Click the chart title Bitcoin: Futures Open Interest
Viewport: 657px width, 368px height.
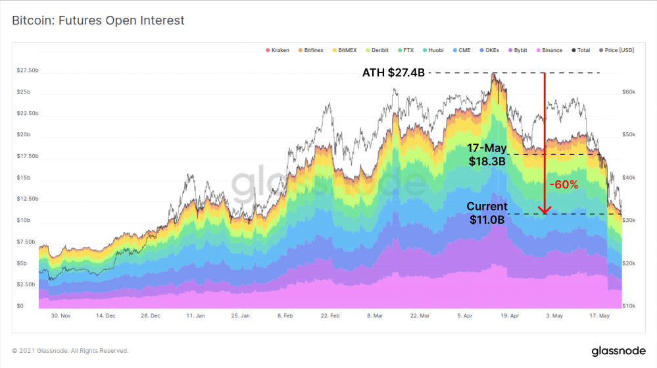pos(98,20)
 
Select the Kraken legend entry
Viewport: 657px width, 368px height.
pos(277,50)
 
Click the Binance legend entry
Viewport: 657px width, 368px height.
pos(549,50)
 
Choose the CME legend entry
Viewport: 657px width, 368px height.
pos(464,50)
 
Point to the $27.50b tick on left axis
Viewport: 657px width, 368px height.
pos(27,70)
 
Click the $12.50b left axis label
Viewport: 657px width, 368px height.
pos(27,199)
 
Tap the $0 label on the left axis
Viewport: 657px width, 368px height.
pos(20,306)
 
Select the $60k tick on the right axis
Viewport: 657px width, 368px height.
pos(629,92)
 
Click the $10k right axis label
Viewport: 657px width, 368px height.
pos(629,306)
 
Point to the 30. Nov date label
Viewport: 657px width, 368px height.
pos(61,316)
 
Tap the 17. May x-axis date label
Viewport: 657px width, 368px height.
pos(599,316)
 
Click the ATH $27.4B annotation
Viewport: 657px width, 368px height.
pos(393,72)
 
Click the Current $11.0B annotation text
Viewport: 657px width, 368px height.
pos(487,213)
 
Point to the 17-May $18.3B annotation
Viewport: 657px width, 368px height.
pos(487,155)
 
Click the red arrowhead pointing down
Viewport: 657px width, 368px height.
pos(544,210)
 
